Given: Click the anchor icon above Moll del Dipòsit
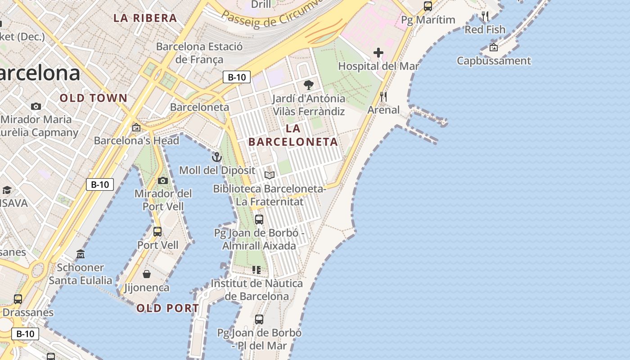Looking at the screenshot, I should [217, 157].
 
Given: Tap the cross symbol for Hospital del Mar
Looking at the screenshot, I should [378, 53].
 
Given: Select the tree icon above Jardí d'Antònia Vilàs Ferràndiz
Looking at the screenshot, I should [308, 85].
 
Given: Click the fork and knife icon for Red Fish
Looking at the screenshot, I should [485, 17].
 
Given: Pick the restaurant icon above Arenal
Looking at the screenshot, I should [383, 96].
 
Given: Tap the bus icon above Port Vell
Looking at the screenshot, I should [157, 232].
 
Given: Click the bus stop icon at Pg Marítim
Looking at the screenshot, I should [427, 6].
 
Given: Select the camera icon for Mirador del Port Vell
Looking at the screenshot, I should [163, 180].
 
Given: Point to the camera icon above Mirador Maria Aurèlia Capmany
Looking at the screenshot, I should [36, 107].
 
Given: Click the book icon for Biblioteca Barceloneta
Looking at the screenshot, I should [269, 175].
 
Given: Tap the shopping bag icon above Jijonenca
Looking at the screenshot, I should [146, 274].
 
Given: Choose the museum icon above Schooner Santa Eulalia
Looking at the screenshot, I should [81, 254].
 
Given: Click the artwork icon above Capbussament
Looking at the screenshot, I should [494, 47].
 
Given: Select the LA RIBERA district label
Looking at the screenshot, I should [145, 18].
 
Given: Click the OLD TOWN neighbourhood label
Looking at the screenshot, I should [94, 98].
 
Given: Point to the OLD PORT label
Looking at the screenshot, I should [167, 308].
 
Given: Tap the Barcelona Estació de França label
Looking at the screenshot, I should [199, 53].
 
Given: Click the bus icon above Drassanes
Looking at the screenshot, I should [18, 299].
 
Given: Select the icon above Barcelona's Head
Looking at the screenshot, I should [136, 127].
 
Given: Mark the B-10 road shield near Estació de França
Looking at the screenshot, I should [237, 77].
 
